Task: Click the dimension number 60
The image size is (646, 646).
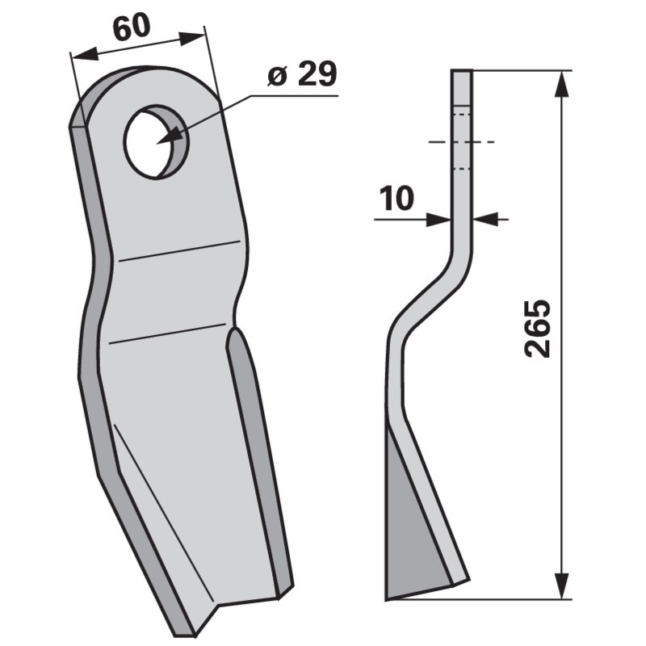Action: (x=132, y=28)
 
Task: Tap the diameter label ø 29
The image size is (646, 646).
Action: (x=302, y=74)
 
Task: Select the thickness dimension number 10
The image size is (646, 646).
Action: (x=396, y=198)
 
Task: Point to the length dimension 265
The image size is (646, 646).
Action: (x=537, y=328)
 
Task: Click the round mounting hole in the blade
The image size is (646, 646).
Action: (x=157, y=141)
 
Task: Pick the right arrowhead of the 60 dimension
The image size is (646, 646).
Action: (x=191, y=38)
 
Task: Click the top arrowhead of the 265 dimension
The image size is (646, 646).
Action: (x=562, y=84)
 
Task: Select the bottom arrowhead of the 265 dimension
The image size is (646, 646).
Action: (x=562, y=585)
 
